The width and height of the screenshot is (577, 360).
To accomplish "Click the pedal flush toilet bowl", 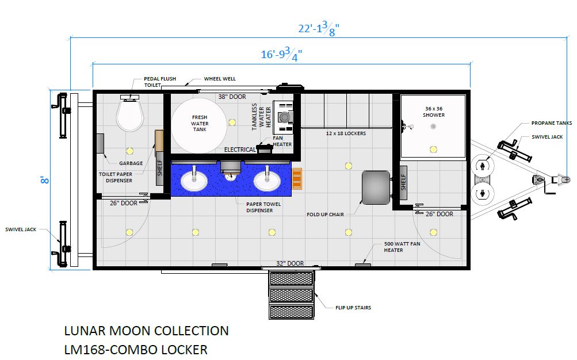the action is pos(129,116).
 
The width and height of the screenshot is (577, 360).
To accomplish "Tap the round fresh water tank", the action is pos(199,125).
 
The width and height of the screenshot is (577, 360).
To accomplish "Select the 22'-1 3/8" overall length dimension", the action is pos(319,29).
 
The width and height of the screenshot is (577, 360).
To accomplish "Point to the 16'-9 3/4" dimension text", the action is pos(281,55).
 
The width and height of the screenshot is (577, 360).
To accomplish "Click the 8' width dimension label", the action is pos(45,180).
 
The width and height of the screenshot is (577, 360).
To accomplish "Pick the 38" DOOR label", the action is pos(232,97).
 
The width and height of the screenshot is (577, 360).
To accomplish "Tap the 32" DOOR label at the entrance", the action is pos(290,263).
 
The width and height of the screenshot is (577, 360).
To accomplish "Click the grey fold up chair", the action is pos(376,187).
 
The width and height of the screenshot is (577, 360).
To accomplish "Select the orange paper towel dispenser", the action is pos(297,179).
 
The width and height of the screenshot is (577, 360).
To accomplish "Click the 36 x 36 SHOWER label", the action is pos(434,112).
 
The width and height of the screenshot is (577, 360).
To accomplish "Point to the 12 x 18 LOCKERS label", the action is pos(346,133).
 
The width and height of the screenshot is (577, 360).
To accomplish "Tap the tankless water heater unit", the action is pos(283,117).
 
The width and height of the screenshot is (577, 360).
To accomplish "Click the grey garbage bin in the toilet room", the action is pos(100,143).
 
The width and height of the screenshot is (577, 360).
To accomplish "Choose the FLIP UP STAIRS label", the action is pos(353,308).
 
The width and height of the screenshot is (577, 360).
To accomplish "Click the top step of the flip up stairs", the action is pos(292,278).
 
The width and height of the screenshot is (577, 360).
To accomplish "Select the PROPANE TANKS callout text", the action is pos(552,123).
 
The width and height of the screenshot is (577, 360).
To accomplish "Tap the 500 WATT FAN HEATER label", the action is pos(402,247).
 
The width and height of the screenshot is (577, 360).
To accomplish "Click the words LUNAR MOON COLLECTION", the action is pos(147,331).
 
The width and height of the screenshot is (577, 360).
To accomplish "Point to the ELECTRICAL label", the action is pos(240,150).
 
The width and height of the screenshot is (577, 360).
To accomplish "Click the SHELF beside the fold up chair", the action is pos(403,183).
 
